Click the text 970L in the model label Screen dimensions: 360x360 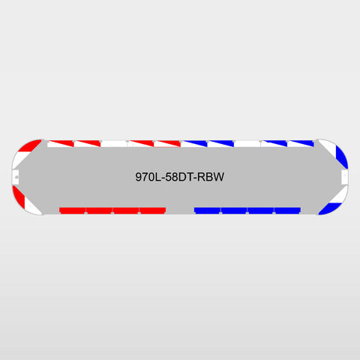tap(148, 177)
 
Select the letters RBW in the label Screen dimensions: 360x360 tap(211, 177)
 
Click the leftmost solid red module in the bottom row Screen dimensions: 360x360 tap(73, 211)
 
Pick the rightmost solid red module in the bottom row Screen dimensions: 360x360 tap(152, 211)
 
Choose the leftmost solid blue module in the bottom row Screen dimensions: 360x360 tap(208, 211)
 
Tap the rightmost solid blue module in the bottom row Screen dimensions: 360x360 tap(287, 211)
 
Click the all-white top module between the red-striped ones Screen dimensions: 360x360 tap(114, 144)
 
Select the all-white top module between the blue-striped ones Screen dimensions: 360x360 tap(247, 144)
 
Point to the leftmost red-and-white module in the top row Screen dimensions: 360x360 tap(61, 144)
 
